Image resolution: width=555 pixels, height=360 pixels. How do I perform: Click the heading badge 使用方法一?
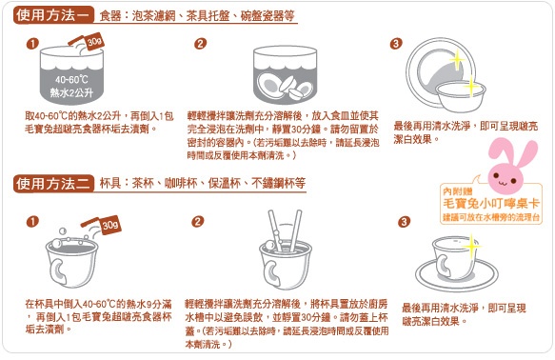(54, 15)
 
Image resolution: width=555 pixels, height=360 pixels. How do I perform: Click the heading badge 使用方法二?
(54, 184)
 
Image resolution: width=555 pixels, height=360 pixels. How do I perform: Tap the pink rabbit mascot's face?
(505, 176)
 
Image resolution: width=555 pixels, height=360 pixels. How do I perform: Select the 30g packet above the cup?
(110, 225)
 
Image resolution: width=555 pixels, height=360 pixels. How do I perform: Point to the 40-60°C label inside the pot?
(71, 79)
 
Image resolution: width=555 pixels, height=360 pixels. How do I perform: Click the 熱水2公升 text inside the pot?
(71, 92)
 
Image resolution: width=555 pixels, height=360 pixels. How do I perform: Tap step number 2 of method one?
(200, 44)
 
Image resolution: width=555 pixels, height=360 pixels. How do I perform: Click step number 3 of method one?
(396, 44)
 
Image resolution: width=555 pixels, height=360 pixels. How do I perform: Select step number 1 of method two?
(32, 222)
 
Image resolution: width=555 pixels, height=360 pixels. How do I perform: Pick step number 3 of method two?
(404, 222)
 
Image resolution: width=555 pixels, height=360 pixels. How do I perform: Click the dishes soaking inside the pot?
(285, 87)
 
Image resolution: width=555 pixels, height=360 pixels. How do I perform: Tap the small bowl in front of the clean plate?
(461, 94)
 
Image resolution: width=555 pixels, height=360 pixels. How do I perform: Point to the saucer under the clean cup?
(457, 276)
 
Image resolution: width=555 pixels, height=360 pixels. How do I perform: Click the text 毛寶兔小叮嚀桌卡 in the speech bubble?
(491, 204)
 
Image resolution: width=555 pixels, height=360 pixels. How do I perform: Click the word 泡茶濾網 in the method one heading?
(153, 15)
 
